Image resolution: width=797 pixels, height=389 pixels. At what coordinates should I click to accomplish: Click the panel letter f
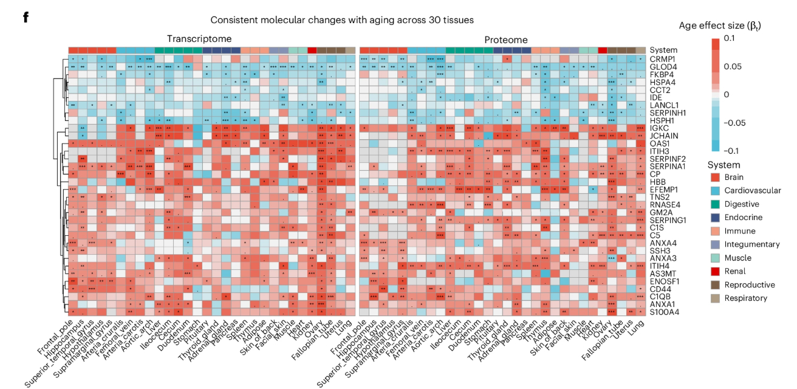[x=26, y=17]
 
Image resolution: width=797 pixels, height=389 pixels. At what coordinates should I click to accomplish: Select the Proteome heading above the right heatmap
[x=505, y=40]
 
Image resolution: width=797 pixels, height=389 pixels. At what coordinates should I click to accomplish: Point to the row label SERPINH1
[x=668, y=112]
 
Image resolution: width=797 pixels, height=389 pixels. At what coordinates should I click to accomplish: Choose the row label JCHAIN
[x=663, y=136]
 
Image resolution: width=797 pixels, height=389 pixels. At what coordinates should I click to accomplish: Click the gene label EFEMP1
[x=664, y=190]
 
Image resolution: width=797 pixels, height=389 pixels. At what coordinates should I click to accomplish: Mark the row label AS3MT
[x=662, y=274]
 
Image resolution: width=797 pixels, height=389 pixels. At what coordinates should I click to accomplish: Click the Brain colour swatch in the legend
[x=715, y=177]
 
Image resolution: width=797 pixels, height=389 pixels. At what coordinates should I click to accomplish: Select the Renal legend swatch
[x=715, y=271]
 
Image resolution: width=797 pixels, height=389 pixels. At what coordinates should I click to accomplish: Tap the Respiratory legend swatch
[x=715, y=298]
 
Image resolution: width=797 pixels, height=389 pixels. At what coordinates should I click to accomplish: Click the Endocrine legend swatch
[x=715, y=218]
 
